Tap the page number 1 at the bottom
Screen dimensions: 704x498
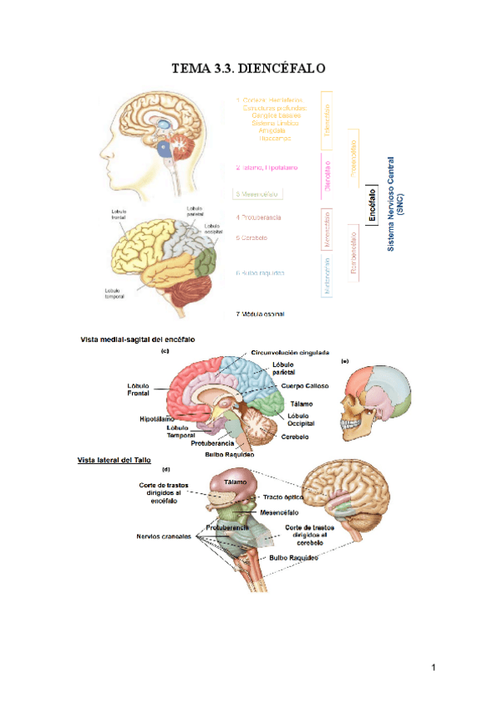point(433,667)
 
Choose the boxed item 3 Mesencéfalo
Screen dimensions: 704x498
point(256,193)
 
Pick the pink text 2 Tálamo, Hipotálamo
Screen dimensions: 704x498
point(266,167)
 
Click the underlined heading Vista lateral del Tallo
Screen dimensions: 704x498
point(114,459)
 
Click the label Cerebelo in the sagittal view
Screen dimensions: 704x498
point(295,436)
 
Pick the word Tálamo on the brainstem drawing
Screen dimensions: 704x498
point(237,482)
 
